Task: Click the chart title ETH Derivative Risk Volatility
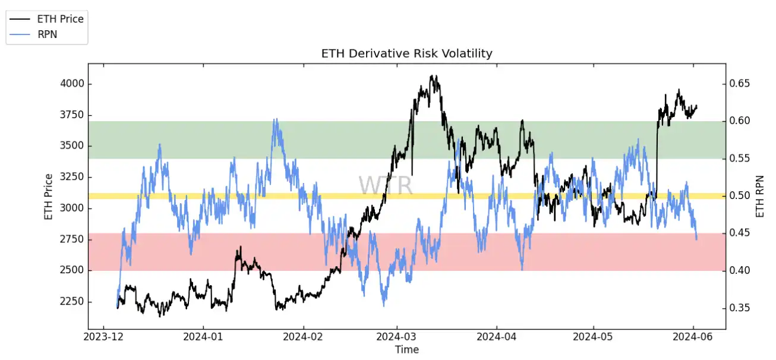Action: pos(406,53)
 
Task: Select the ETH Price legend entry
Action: pos(60,19)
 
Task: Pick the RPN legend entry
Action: pos(47,34)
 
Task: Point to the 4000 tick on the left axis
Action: pos(71,84)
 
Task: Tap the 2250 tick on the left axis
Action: pos(71,302)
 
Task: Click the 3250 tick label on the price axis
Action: pos(71,177)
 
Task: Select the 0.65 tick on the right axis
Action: pos(740,84)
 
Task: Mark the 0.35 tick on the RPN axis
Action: pos(740,308)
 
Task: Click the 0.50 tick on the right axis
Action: pos(740,195)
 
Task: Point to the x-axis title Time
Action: pos(406,350)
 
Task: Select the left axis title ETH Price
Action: pos(48,196)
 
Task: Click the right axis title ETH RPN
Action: pos(760,196)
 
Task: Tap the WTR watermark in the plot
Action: pos(385,185)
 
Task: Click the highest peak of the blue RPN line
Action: pos(275,119)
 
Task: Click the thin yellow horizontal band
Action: pos(406,195)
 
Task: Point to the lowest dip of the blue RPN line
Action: pos(384,306)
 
